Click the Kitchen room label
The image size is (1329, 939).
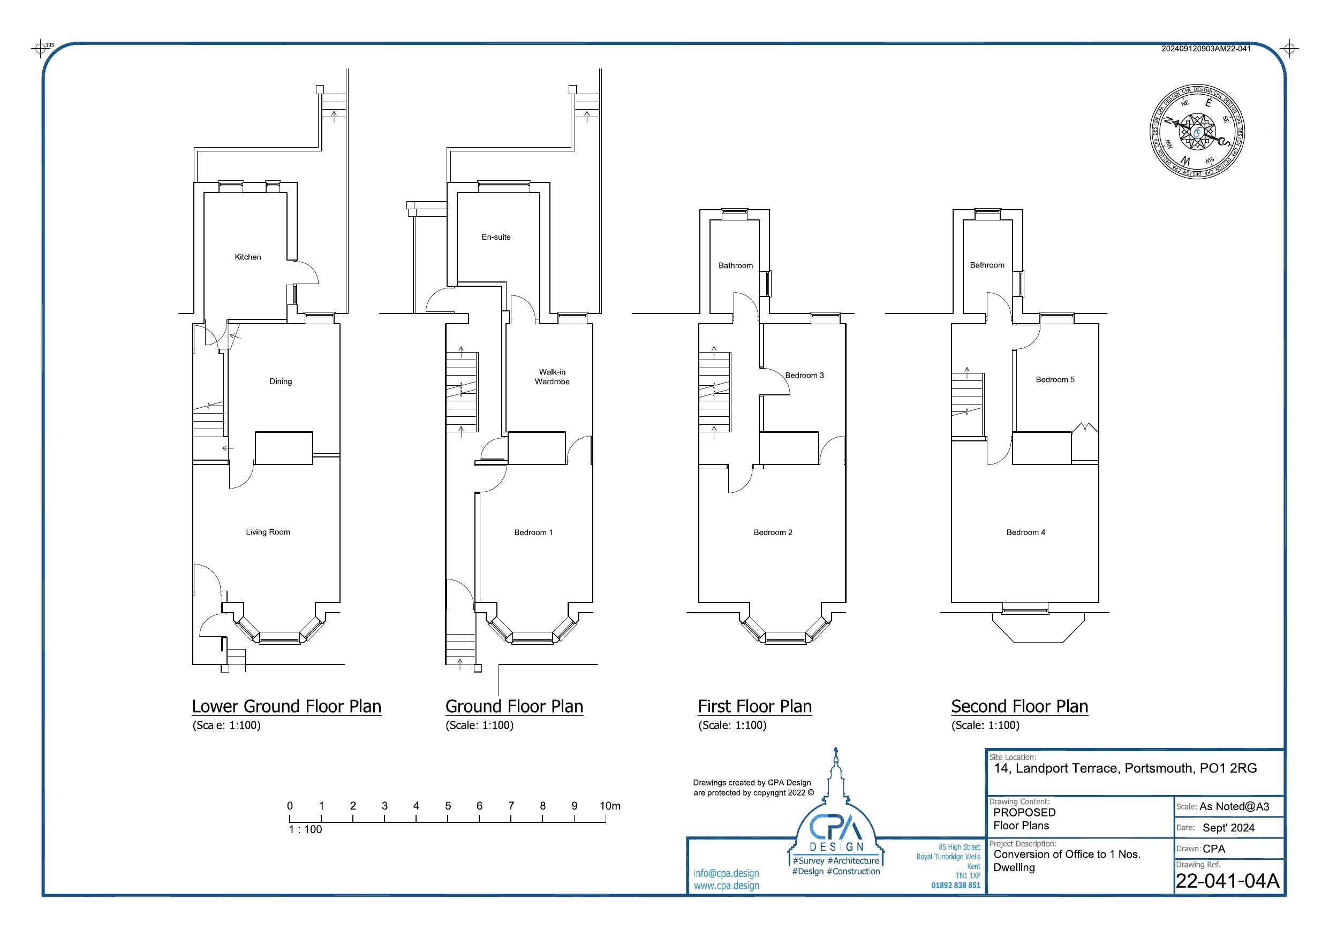(248, 257)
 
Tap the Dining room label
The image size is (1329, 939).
(280, 381)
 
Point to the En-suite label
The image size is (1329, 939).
(496, 236)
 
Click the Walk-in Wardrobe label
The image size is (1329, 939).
(552, 377)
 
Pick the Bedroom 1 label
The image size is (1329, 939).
(533, 532)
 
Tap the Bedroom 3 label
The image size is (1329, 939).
(804, 376)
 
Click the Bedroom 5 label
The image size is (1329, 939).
(1055, 379)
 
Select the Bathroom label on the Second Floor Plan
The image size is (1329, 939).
(987, 265)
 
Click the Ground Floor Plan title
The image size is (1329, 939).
(514, 706)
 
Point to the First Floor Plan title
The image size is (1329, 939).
(754, 706)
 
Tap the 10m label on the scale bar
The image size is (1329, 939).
(609, 805)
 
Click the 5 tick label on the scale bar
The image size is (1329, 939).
(448, 805)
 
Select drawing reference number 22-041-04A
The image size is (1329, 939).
(1227, 880)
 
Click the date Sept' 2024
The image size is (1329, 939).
(1228, 827)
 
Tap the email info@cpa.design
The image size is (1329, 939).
(726, 873)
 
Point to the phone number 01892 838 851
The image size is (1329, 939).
(956, 885)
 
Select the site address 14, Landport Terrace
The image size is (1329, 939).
(1124, 768)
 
